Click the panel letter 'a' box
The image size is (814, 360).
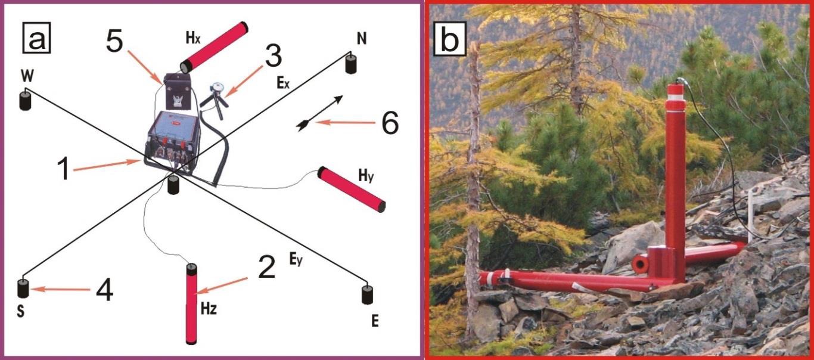click(x=36, y=38)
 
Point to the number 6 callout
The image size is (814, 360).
click(x=390, y=123)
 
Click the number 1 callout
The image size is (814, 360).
click(x=64, y=169)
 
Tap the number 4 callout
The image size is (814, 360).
click(x=105, y=290)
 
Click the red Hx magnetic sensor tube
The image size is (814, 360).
click(x=215, y=47)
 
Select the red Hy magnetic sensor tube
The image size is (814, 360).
click(x=352, y=189)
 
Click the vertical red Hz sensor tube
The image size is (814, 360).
click(x=191, y=304)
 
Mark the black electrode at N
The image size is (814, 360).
click(x=350, y=64)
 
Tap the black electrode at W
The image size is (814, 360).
click(x=25, y=100)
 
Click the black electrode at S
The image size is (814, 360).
click(x=23, y=288)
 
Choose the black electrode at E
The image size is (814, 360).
click(x=368, y=294)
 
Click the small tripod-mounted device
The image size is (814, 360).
click(x=216, y=100)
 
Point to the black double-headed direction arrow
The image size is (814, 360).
click(x=320, y=113)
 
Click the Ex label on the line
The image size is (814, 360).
click(x=283, y=83)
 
